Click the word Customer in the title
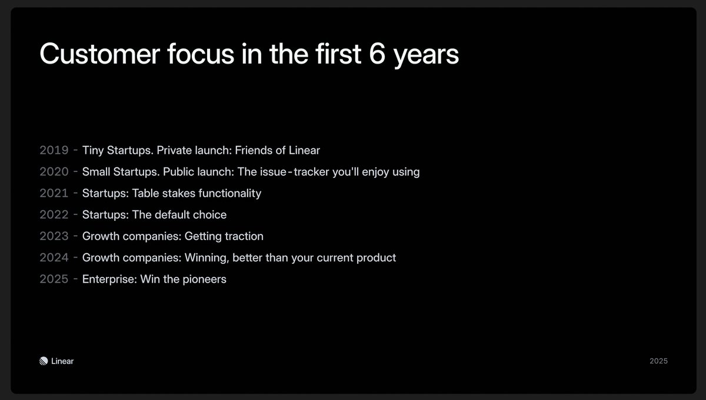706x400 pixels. point(99,54)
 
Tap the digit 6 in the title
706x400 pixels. point(377,54)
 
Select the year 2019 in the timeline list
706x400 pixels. point(54,150)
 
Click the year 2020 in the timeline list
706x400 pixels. point(54,172)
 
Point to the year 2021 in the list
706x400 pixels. point(54,193)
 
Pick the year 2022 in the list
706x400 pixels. point(54,214)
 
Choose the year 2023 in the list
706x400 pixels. point(54,236)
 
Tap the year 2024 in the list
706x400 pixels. point(54,257)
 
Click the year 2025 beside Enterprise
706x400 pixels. point(54,279)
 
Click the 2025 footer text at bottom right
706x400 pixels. point(658,361)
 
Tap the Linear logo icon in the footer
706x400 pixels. point(44,361)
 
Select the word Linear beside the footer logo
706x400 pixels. point(62,361)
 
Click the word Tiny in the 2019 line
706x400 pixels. point(93,151)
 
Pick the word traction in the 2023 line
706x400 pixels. point(244,236)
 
